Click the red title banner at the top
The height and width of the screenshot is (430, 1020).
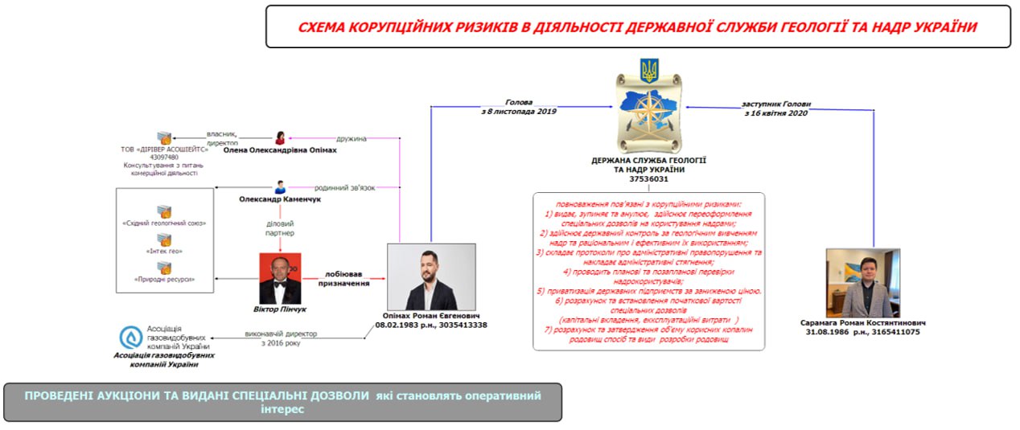pos(638,27)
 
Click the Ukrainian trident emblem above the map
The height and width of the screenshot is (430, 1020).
pos(648,71)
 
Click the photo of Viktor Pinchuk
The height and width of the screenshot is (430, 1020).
pos(280,278)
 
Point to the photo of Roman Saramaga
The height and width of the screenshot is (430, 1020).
pos(864,282)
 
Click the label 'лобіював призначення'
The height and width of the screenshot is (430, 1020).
pos(348,278)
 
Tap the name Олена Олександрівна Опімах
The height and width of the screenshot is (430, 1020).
pos(278,150)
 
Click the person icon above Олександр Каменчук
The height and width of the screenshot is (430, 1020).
pos(281,186)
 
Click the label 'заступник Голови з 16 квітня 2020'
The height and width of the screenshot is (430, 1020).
pos(775,109)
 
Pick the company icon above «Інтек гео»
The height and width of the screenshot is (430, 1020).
pos(164,240)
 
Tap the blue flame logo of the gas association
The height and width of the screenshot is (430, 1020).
pos(130,338)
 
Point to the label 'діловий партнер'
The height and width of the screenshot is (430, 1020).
pos(280,227)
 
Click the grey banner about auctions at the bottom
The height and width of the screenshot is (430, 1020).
pos(282,402)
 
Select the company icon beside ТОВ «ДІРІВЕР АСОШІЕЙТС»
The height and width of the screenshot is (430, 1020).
pos(164,138)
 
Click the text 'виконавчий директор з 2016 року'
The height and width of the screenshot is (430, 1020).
pos(281,338)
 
